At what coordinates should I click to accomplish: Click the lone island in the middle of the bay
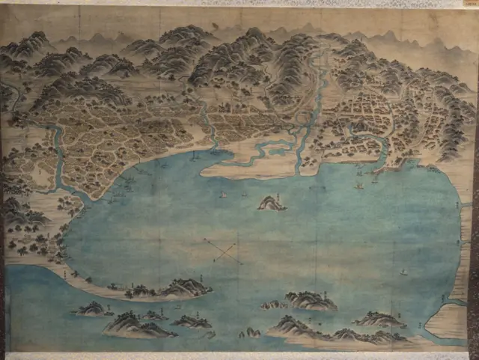pos(272,203)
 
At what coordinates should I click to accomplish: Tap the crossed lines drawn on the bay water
pos(222,250)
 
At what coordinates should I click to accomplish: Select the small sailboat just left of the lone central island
pos(222,195)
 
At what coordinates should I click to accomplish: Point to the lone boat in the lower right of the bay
pos(403,272)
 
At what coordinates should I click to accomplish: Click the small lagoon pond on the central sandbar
pos(278,151)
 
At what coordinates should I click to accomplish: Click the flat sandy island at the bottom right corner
pos(449,322)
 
